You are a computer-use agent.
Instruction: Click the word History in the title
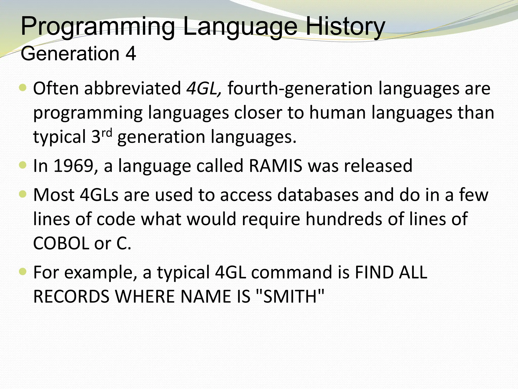[x=345, y=26]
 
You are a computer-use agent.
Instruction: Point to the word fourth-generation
[x=300, y=88]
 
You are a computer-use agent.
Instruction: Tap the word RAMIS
[x=275, y=166]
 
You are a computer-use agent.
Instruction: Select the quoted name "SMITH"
[x=290, y=296]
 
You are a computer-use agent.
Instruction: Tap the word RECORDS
[x=71, y=296]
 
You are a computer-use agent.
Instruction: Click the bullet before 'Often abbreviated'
[x=23, y=88]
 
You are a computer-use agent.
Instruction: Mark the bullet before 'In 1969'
[x=23, y=165]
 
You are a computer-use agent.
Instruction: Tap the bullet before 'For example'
[x=23, y=272]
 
